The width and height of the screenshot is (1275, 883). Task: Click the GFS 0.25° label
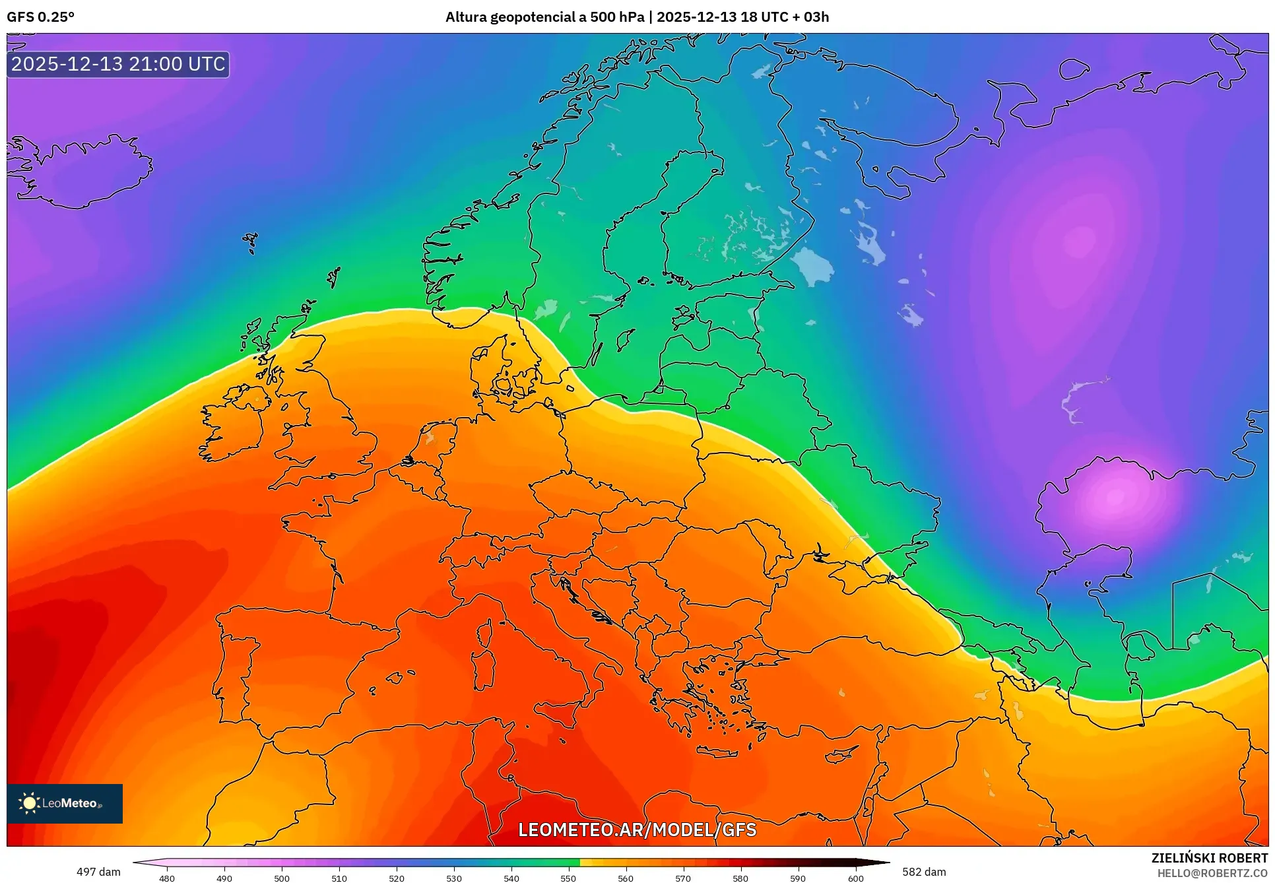(x=41, y=17)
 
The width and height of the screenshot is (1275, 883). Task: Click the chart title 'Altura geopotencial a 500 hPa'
(x=544, y=17)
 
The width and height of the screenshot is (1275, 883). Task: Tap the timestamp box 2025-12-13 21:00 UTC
(x=118, y=64)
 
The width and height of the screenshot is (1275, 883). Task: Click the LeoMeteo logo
(x=65, y=803)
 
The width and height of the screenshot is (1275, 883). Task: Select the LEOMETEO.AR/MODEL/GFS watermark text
(x=637, y=830)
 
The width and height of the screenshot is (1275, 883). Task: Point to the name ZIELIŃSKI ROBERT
(x=1209, y=858)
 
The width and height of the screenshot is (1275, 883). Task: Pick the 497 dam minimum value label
(x=98, y=872)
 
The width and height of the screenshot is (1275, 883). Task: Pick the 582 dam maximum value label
(x=924, y=872)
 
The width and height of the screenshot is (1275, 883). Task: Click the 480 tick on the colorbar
(x=167, y=878)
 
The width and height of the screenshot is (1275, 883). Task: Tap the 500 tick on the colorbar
(x=282, y=878)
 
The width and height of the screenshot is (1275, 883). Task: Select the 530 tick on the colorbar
(x=454, y=878)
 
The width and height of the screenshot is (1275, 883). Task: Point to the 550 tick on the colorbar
(x=569, y=878)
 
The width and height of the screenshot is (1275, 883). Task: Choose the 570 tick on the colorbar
(x=683, y=878)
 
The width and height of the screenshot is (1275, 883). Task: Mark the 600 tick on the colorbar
(x=855, y=878)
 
